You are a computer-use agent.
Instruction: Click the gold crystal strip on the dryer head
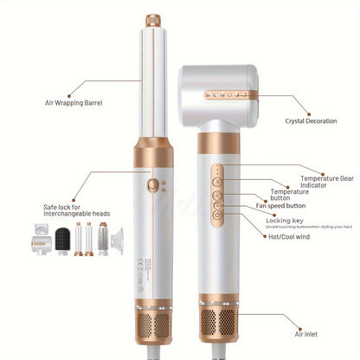pyautogui.click(x=227, y=92)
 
